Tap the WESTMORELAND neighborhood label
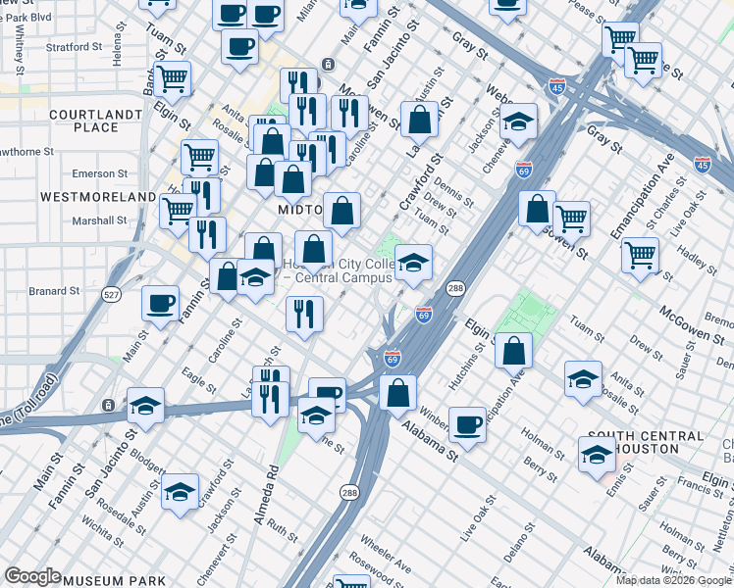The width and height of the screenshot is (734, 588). click(98, 197)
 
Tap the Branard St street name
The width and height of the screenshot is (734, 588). click(54, 291)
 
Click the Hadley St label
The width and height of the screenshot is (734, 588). click(677, 262)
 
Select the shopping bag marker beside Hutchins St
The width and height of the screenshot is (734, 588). click(513, 351)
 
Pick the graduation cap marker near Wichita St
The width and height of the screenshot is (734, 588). click(180, 493)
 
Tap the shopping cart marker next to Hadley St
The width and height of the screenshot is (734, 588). click(640, 255)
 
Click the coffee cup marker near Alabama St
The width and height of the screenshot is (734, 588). click(468, 425)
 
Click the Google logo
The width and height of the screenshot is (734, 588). click(32, 576)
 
